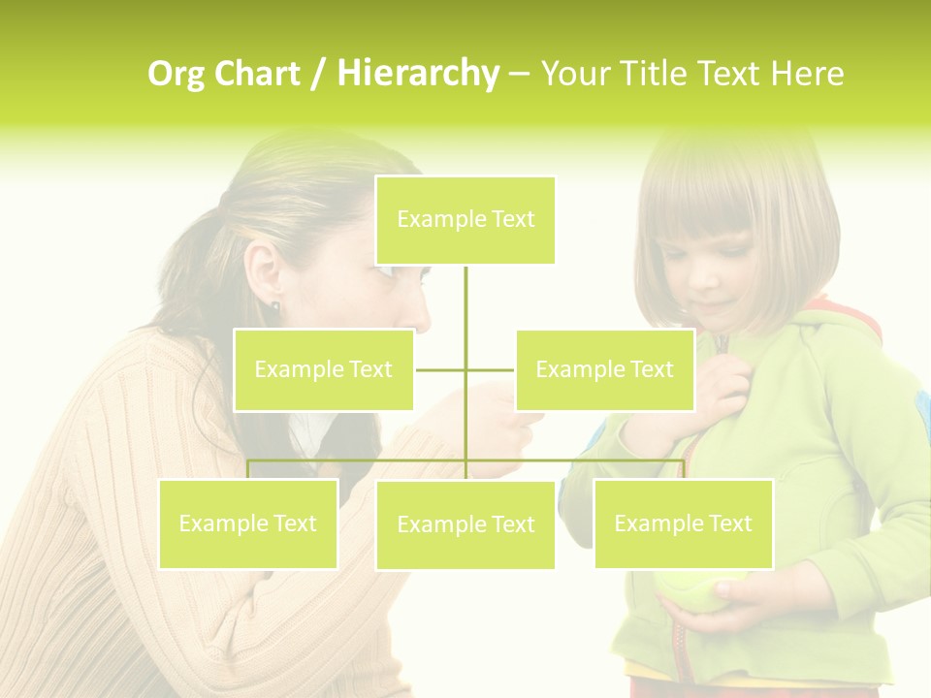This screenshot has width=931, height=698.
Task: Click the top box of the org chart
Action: (465, 220)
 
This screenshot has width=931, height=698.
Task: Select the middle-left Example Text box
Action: (324, 369)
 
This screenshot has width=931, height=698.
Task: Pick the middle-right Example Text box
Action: (604, 369)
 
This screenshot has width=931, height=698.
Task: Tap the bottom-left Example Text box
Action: (248, 523)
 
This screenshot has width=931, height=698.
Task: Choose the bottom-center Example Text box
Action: (465, 524)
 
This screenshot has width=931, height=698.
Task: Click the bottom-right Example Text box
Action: (683, 523)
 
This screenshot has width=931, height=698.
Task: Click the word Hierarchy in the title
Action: (418, 73)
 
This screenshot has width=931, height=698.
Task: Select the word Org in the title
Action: (177, 73)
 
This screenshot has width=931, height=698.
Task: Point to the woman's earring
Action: (274, 306)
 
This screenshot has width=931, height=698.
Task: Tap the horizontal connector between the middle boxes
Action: (465, 369)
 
